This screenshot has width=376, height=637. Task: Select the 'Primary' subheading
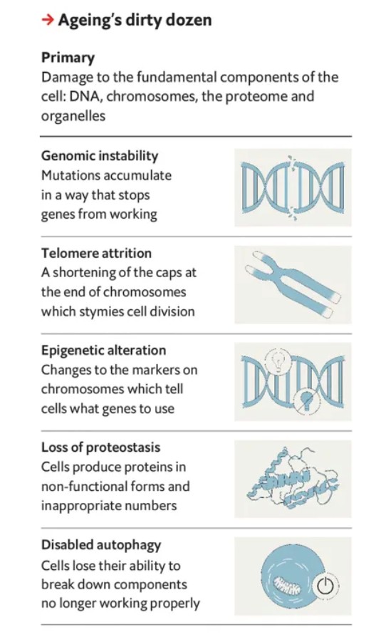(x=68, y=58)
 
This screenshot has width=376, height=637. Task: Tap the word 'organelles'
(x=73, y=116)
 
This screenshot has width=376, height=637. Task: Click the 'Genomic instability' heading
(x=100, y=155)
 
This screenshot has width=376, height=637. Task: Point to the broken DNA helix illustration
(x=293, y=187)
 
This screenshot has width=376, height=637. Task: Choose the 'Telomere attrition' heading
(x=96, y=253)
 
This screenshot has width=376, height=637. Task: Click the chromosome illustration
(x=293, y=284)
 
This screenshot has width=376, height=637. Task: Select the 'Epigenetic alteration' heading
(x=103, y=351)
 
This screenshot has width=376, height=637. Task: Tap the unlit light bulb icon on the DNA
(x=278, y=360)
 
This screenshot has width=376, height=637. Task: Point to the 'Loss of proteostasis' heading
(x=100, y=447)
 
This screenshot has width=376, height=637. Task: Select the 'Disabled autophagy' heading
(x=101, y=545)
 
